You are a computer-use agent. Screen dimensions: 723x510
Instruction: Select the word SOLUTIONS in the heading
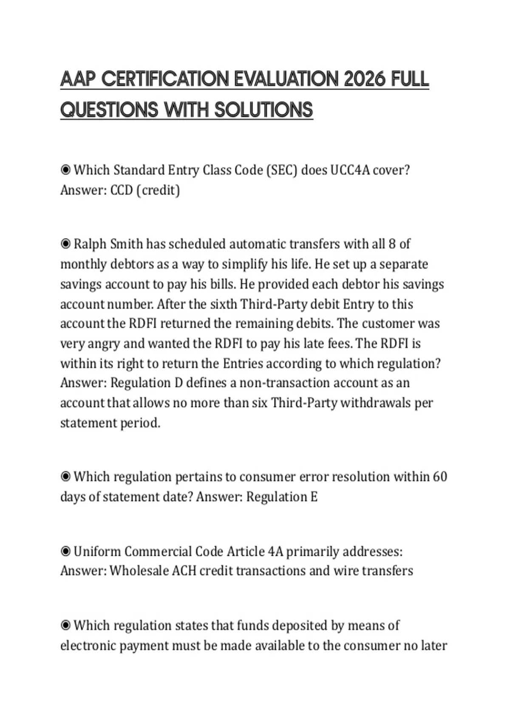(x=263, y=110)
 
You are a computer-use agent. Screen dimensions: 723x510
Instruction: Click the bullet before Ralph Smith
(x=65, y=244)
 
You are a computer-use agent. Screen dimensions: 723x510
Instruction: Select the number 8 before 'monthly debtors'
(x=392, y=244)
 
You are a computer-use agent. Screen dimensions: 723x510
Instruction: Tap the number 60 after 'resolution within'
(x=440, y=477)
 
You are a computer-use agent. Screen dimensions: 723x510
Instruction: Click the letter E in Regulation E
(x=314, y=497)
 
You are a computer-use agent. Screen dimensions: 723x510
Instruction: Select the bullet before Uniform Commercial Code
(x=65, y=552)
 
